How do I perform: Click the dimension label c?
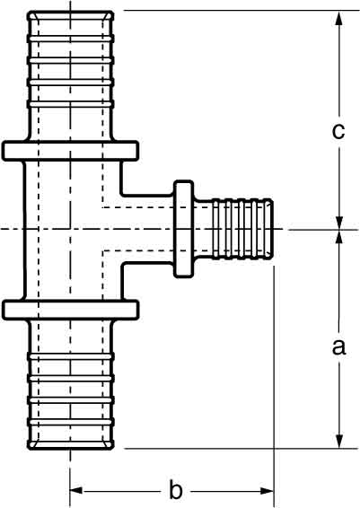pos(338,132)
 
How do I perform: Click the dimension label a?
pos(339,347)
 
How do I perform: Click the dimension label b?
pos(176,491)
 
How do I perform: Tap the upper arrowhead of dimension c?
pos(339,19)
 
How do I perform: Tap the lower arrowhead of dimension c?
pos(339,222)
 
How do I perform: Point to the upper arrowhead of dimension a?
pos(339,238)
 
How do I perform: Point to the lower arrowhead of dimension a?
pos(339,441)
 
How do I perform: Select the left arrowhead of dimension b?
pos(76,491)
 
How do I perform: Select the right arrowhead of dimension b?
pos(267,491)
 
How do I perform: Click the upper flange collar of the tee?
pos(70,151)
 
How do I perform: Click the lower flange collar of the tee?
pos(70,310)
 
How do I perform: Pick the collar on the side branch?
pos(183,229)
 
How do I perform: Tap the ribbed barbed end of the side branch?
pos(242,229)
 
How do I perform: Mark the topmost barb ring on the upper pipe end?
pos(70,39)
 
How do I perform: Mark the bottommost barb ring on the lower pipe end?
pos(70,422)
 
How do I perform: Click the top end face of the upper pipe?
pos(70,12)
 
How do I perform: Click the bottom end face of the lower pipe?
pos(70,448)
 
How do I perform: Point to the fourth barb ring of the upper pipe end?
pos(70,104)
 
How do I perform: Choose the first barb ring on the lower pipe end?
pos(70,356)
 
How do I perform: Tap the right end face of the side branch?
pos(272,229)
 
